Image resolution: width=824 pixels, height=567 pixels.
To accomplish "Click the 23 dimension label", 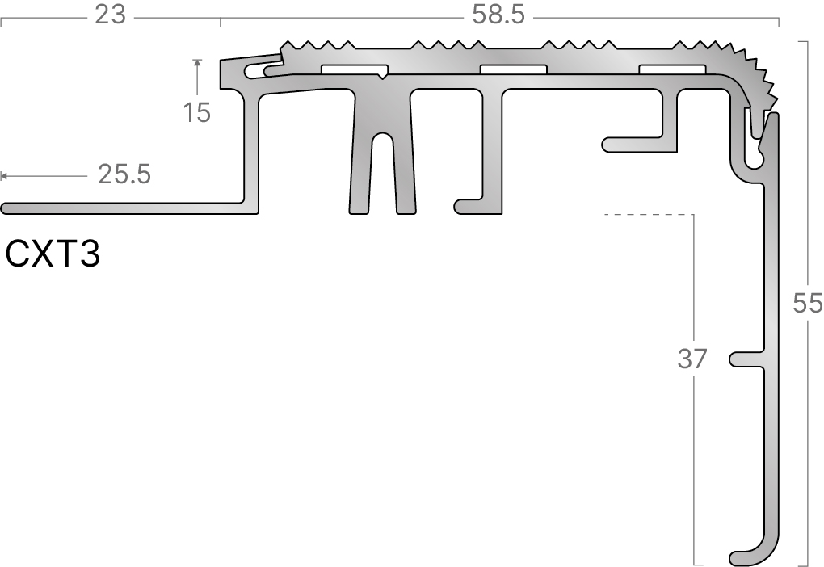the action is point(111,15).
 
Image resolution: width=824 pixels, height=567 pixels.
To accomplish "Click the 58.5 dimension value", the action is point(498,15).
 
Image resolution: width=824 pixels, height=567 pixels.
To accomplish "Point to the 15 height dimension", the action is point(197,112).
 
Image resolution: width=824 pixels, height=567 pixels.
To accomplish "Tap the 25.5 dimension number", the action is point(124,174).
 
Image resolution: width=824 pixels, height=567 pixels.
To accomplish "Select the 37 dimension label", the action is point(692,359).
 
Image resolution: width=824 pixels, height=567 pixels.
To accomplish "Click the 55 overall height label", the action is point(808,303).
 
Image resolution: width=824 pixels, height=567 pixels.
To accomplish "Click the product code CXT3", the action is point(53,254).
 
